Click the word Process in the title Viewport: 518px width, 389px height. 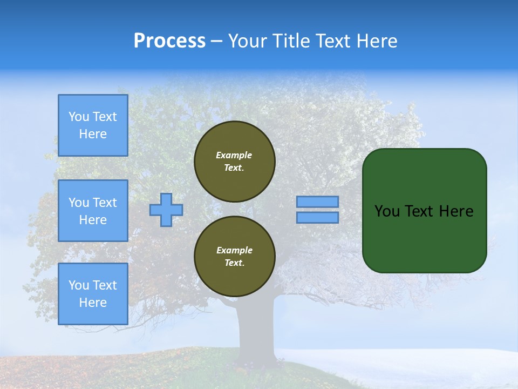pos(169,41)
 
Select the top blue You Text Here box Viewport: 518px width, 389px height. pos(93,125)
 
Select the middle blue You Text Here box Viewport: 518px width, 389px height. pos(93,211)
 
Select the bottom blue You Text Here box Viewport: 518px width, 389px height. pos(93,294)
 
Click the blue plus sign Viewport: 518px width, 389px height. pos(166,210)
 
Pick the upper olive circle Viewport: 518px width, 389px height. pos(235,162)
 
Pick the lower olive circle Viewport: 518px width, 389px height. pos(235,257)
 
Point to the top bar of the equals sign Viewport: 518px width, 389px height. pos(318,202)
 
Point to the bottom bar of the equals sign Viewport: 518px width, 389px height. pos(318,218)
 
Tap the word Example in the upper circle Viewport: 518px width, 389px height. pos(234,155)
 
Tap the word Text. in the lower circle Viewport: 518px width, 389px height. pos(234,263)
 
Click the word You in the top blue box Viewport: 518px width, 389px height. pos(79,117)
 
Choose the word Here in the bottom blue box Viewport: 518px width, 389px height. pos(93,303)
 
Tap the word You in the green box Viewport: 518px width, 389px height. pos(387,211)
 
